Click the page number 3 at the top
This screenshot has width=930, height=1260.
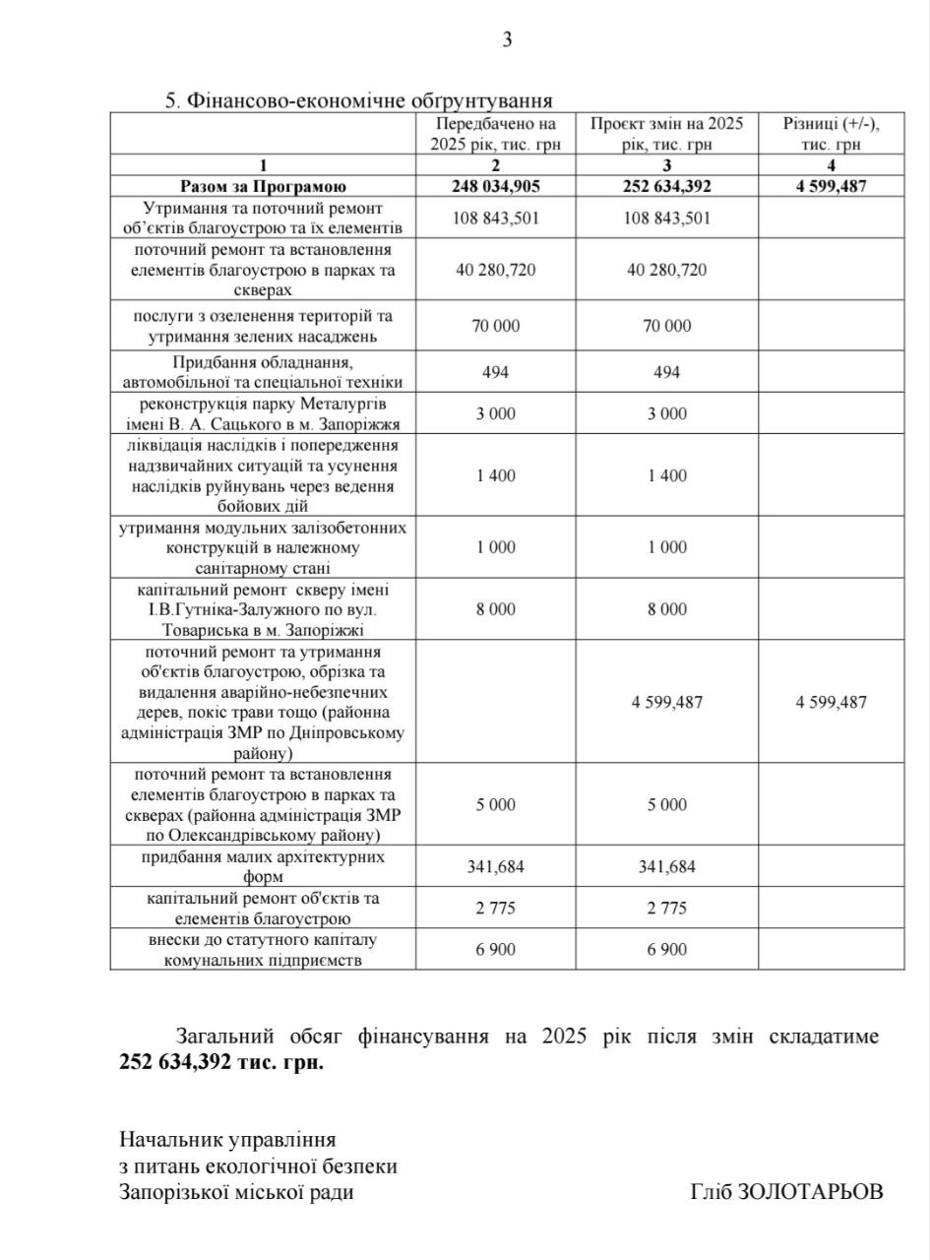click(x=507, y=40)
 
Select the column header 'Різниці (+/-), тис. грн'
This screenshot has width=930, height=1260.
click(x=831, y=134)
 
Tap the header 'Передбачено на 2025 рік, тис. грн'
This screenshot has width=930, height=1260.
click(x=495, y=134)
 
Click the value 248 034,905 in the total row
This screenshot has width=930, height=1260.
click(x=496, y=186)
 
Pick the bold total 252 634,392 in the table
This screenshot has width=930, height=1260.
click(x=667, y=186)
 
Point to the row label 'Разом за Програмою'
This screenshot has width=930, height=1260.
click(x=263, y=186)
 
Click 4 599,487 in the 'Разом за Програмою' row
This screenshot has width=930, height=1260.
click(x=831, y=186)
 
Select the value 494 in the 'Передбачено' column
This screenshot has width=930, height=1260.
click(x=496, y=372)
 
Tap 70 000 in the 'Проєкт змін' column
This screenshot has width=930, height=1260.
click(x=667, y=326)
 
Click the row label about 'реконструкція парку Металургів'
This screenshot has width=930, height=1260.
click(x=263, y=413)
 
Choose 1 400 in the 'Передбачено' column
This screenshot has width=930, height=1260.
click(x=496, y=475)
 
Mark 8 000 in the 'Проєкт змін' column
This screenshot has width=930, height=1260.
click(x=667, y=609)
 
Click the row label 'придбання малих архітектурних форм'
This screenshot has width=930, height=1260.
click(x=263, y=866)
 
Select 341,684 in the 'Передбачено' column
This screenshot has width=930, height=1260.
click(x=496, y=867)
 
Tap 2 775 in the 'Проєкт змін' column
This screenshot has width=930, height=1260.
click(x=667, y=908)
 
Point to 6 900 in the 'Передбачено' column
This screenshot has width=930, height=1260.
click(x=496, y=949)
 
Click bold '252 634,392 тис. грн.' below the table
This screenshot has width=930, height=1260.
click(x=221, y=1063)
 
